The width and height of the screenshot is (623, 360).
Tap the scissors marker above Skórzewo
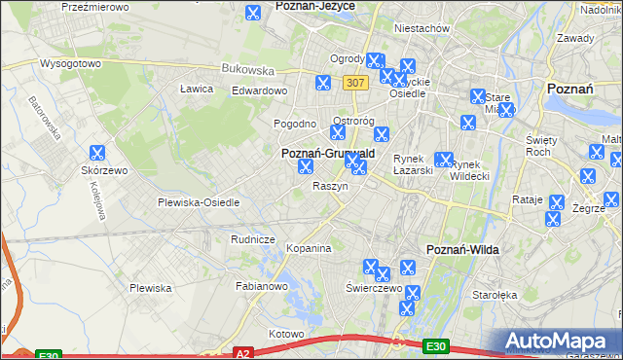click(96, 153)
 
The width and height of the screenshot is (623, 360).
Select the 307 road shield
click(355, 84)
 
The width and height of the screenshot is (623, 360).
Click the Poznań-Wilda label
click(463, 250)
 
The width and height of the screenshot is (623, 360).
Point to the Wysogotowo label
click(70, 63)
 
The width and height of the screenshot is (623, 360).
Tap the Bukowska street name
click(247, 69)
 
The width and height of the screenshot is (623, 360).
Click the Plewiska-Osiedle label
click(198, 202)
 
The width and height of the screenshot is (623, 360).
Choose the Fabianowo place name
click(261, 287)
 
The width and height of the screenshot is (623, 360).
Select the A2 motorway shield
click(244, 354)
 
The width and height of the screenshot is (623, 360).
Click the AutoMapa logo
click(558, 341)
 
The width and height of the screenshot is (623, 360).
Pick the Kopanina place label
click(309, 249)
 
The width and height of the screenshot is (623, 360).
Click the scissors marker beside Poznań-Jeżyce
click(252, 14)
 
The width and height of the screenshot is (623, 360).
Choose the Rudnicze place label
click(252, 238)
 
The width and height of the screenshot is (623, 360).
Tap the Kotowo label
click(286, 334)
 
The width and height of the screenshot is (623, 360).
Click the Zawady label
click(575, 38)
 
